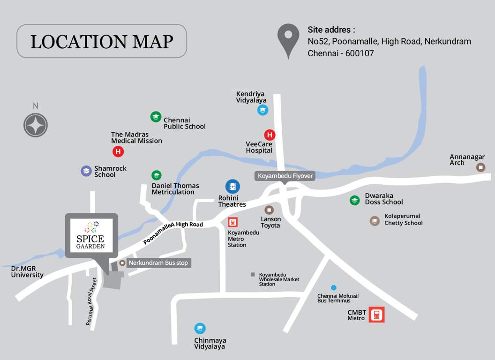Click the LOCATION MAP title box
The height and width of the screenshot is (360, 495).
pyautogui.click(x=102, y=41)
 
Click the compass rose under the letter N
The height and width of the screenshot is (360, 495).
pyautogui.click(x=36, y=125)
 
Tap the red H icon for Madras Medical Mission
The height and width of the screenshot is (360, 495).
pyautogui.click(x=118, y=151)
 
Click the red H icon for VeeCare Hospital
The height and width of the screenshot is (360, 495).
pyautogui.click(x=269, y=135)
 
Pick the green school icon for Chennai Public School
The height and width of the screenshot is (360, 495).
pyautogui.click(x=156, y=117)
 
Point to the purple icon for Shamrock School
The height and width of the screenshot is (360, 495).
pyautogui.click(x=86, y=171)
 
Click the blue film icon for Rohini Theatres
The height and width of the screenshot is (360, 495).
pyautogui.click(x=232, y=187)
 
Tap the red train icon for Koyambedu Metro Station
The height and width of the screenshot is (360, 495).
pyautogui.click(x=233, y=222)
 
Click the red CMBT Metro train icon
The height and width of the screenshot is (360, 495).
pyautogui.click(x=376, y=315)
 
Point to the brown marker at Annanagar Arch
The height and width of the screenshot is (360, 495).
pyautogui.click(x=480, y=167)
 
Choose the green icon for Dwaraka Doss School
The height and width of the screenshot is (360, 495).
pyautogui.click(x=355, y=200)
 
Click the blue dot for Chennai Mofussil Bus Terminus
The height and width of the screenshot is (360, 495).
pyautogui.click(x=333, y=287)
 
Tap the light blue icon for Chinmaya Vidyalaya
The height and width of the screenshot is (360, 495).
pyautogui.click(x=200, y=329)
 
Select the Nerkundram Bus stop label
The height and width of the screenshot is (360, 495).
pyautogui.click(x=158, y=263)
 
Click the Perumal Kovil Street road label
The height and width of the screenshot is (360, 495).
pyautogui.click(x=91, y=302)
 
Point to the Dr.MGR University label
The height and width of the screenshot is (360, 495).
pyautogui.click(x=27, y=272)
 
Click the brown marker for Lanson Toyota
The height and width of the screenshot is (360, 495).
pyautogui.click(x=269, y=210)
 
